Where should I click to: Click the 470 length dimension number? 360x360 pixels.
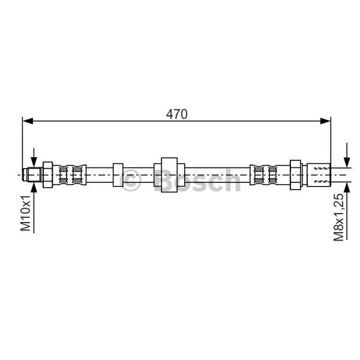click(x=176, y=114)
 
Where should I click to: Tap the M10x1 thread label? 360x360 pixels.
click(x=25, y=213)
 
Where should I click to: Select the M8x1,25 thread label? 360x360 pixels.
click(x=338, y=217)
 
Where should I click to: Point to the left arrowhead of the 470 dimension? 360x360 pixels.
click(x=28, y=121)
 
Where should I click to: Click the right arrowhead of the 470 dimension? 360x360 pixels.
click(x=325, y=121)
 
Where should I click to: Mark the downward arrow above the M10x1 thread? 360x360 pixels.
click(x=34, y=158)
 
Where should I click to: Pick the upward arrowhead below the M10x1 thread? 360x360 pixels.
click(x=34, y=188)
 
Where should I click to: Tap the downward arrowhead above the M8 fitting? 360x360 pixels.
click(x=347, y=162)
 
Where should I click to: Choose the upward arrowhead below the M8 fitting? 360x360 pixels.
click(x=347, y=188)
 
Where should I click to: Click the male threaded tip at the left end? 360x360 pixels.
click(x=32, y=175)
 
